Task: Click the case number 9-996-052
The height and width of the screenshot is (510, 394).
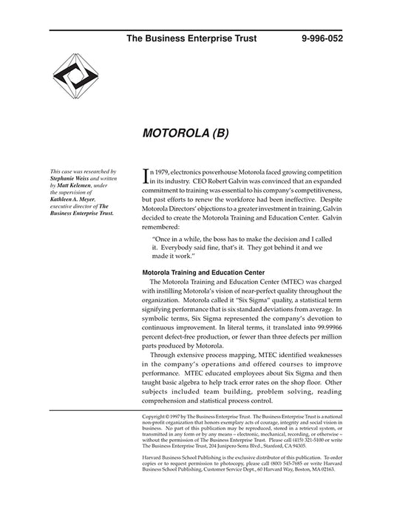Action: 322,37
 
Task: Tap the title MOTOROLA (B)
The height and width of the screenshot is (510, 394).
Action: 180,135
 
